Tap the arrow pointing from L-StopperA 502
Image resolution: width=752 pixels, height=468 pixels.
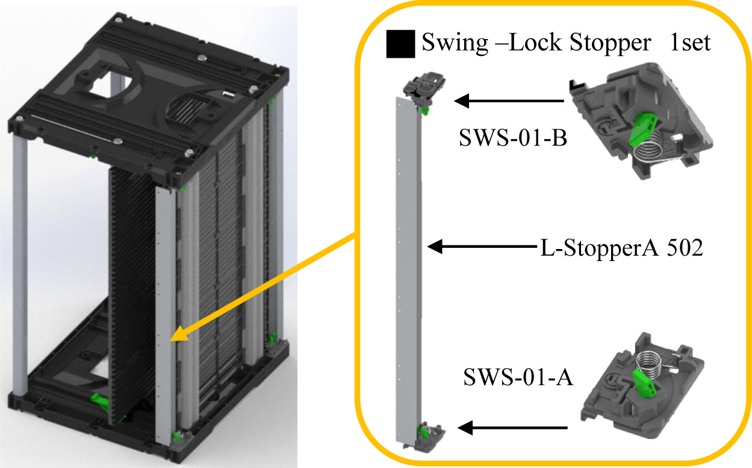(x=482, y=246)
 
